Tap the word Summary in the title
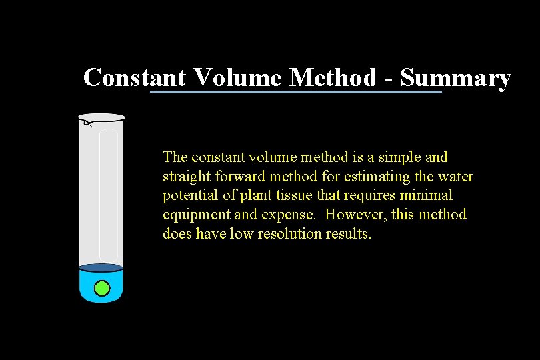[x=456, y=78]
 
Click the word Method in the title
[x=333, y=78]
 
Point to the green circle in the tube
[x=101, y=288]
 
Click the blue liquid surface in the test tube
[x=101, y=267]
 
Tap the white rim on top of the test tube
[x=102, y=117]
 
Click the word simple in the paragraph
[x=399, y=157]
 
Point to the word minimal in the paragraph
[x=427, y=196]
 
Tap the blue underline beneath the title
[x=295, y=92]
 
